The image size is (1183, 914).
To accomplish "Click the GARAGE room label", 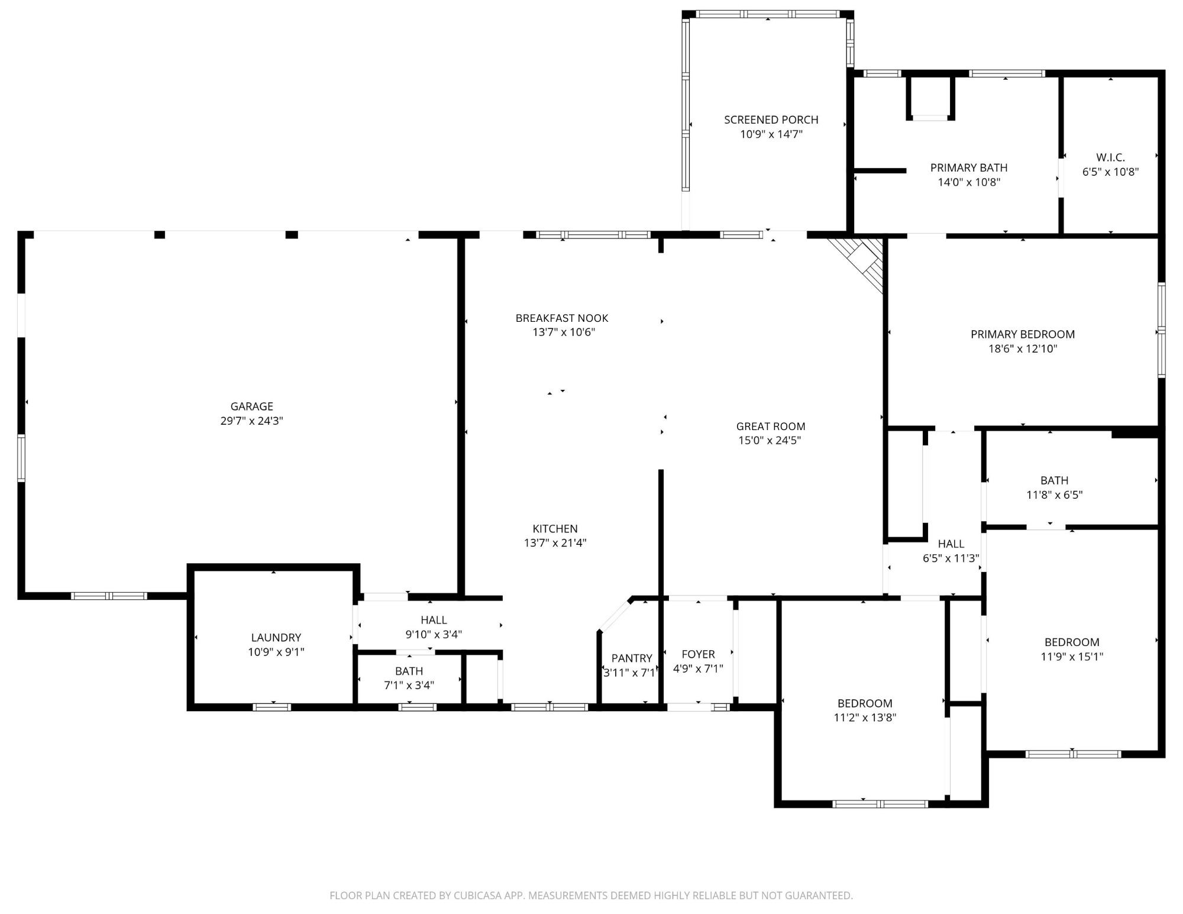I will pos(251,406).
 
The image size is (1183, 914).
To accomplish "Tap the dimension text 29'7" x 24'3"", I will pos(251,421).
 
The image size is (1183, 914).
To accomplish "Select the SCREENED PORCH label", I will pos(771,120).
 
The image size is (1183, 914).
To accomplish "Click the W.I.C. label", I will pos(1110,157).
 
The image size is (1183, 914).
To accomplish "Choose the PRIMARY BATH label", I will pos(968,168).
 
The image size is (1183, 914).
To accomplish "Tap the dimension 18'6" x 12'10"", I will pos(1022,349).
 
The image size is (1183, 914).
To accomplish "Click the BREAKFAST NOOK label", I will pos(561,318).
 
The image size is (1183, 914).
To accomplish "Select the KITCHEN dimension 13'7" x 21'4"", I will pos(555,543).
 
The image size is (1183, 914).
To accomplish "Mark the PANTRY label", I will pos(631,658).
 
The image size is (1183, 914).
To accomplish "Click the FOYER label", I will pos(698,654).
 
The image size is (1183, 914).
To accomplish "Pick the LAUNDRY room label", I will pos(276,638).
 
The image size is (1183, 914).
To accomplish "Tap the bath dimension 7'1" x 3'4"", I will pos(409,686).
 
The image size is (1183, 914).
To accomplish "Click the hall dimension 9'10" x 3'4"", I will pos(434,635).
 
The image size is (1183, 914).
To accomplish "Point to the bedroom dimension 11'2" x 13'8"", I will pos(864,718).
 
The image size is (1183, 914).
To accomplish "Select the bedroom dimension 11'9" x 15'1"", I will pos(1071,657).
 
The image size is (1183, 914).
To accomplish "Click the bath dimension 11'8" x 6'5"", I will pos(1054,495).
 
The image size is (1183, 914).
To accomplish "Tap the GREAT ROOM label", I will pos(770,427).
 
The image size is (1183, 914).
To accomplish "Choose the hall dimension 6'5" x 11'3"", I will pos(951,558).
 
